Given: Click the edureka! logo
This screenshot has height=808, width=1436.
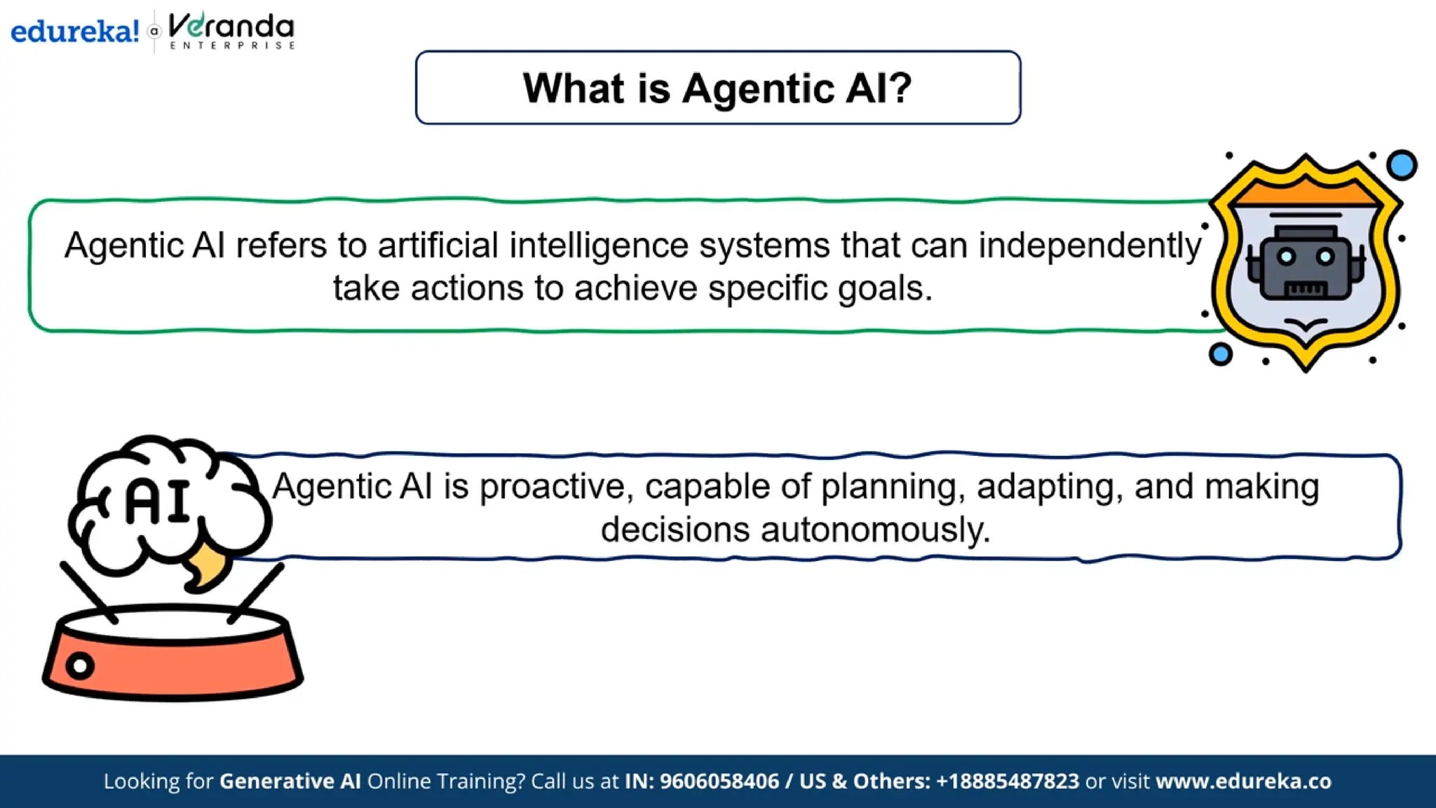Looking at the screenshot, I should [74, 32].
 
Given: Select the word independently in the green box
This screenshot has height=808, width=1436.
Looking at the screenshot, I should [1090, 246].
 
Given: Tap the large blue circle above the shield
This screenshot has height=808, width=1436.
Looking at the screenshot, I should [1402, 166].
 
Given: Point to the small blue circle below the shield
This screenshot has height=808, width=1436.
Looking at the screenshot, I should [1221, 354].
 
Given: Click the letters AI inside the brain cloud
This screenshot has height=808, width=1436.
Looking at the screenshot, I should [158, 501].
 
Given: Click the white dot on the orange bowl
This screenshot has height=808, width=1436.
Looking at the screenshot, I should [80, 666].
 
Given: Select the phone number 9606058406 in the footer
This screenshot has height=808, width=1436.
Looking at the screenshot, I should [719, 781].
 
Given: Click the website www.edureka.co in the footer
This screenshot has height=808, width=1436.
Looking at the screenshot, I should [1243, 781].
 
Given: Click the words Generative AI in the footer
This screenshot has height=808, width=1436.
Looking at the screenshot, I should [290, 781].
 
